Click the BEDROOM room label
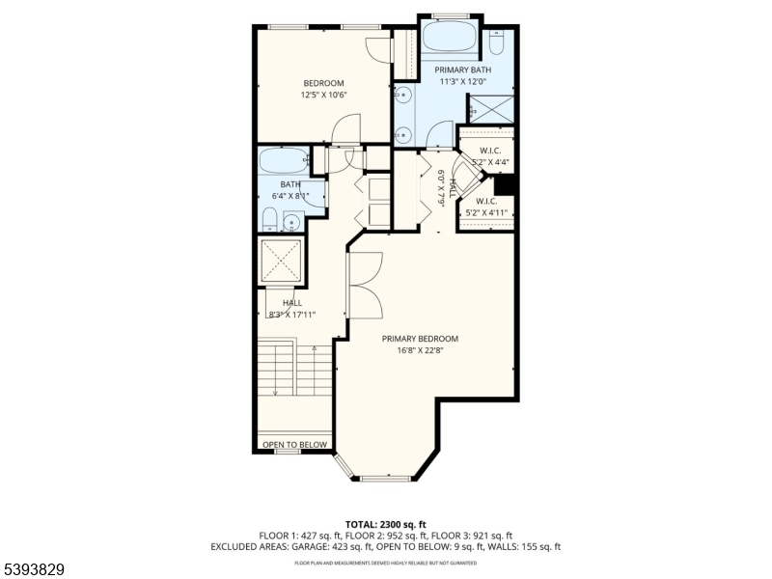tap(323, 82)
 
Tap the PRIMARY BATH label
tap(462, 70)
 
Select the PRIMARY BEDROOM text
tap(420, 339)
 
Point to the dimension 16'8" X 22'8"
tap(420, 351)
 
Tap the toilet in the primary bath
tap(496, 42)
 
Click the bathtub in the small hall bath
tap(282, 160)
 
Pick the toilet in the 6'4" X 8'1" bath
tap(270, 219)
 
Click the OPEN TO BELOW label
tap(294, 446)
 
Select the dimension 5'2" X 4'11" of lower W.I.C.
tap(487, 212)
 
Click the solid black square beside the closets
tap(505, 184)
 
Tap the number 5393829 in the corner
tap(34, 569)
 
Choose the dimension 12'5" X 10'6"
tap(323, 95)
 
